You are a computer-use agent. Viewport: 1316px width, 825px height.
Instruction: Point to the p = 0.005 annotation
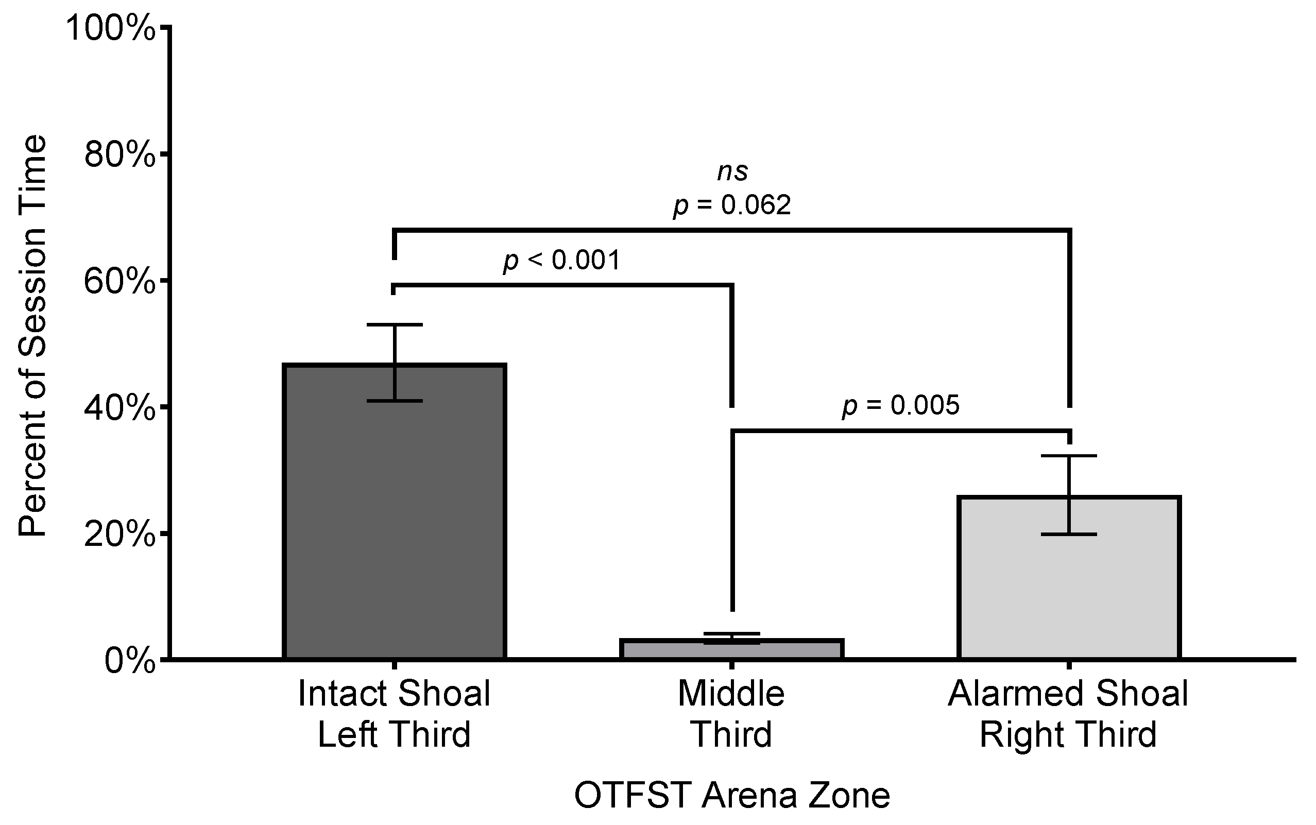tap(900, 405)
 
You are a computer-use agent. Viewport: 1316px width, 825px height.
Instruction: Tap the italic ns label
tap(732, 172)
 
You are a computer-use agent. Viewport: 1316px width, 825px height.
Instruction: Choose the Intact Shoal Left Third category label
tap(394, 714)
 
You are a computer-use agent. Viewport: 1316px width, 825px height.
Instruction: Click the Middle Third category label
tap(731, 714)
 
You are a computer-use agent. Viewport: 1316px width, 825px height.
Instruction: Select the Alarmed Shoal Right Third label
tap(1068, 714)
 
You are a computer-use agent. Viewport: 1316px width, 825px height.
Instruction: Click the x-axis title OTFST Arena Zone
tap(732, 795)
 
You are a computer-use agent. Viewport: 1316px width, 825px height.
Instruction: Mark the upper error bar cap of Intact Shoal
tap(394, 324)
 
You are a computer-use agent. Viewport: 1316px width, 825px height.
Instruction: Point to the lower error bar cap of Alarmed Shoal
tap(1069, 534)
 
